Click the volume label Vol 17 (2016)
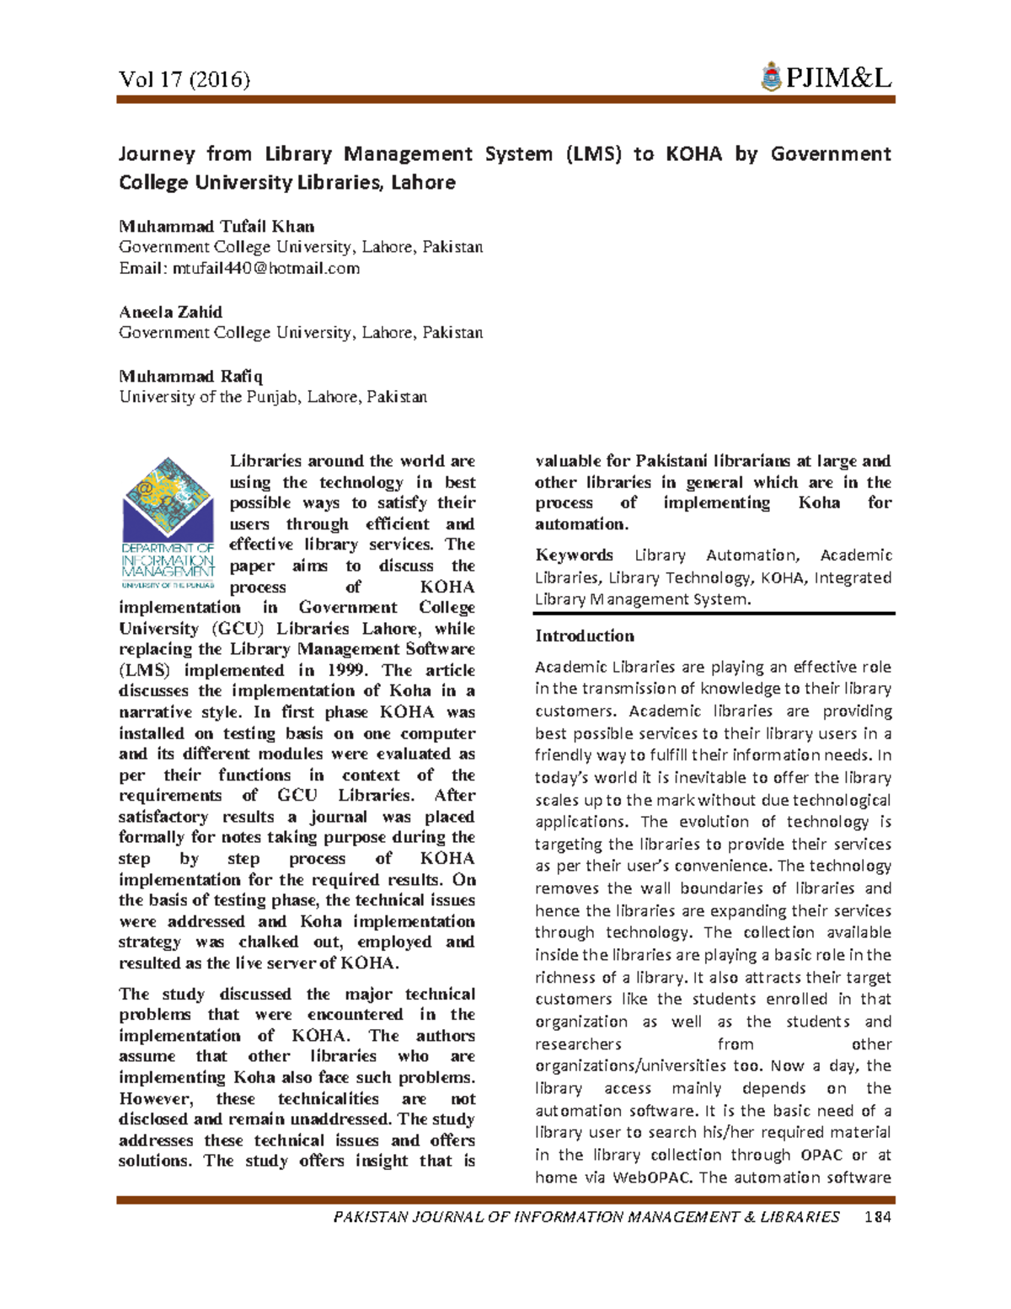(185, 79)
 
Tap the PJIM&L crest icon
(770, 78)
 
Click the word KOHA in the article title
(693, 154)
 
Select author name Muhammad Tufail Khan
(217, 226)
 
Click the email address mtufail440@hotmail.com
(266, 268)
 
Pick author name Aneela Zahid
(170, 312)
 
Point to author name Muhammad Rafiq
(190, 376)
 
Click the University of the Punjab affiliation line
(273, 396)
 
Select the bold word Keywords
(574, 555)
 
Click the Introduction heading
(584, 636)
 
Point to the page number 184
(876, 1216)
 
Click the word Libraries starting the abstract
(265, 461)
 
